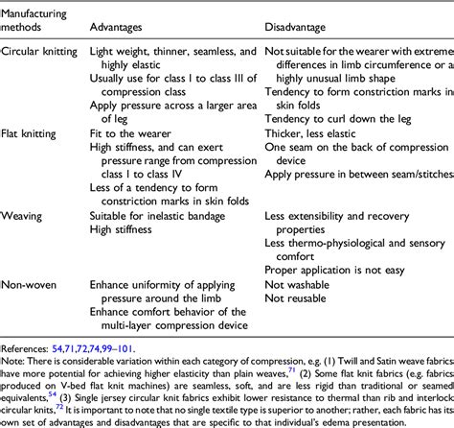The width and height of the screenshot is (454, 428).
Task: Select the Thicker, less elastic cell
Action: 312,150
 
